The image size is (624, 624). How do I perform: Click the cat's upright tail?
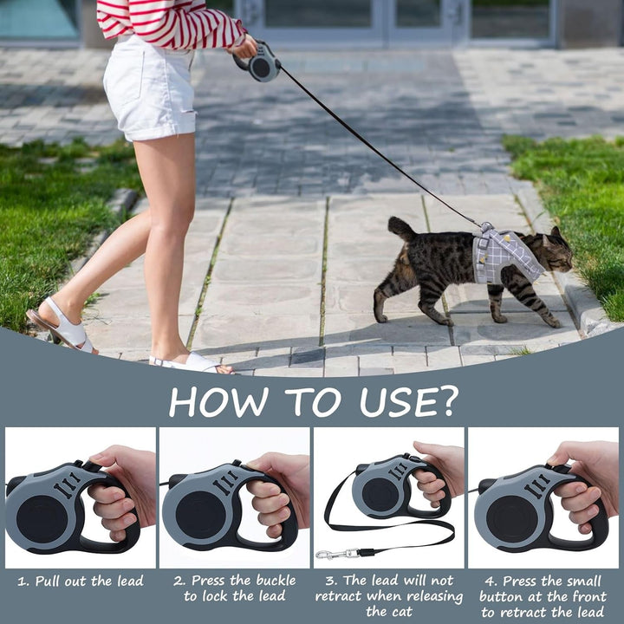[400, 230]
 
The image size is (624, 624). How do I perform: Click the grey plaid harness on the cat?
[504, 255]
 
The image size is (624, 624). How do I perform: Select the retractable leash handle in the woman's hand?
[260, 63]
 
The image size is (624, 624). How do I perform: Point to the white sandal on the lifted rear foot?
[62, 325]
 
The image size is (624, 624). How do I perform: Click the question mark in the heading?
[445, 400]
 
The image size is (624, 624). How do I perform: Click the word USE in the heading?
[393, 401]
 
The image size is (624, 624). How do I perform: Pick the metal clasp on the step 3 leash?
[336, 554]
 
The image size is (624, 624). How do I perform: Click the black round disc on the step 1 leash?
[42, 519]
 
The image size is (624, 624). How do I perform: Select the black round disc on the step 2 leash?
[201, 515]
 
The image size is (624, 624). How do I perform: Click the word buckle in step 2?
[276, 581]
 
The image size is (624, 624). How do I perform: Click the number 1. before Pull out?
[24, 582]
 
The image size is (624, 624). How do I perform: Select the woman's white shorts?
[150, 88]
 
